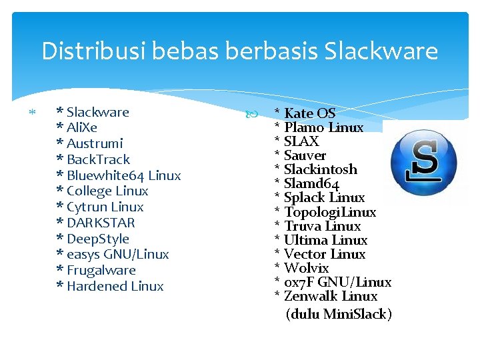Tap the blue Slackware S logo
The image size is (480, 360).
423,163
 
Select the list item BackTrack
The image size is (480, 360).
98,159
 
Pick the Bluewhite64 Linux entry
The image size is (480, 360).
123,175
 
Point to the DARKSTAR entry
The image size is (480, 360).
101,223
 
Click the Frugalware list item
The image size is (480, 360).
101,270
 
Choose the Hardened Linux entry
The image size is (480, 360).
115,286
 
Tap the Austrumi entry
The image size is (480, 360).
95,143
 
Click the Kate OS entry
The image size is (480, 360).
309,113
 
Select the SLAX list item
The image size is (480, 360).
301,141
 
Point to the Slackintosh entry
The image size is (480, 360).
320,169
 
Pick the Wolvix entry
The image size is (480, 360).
306,268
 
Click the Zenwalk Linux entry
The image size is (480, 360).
330,296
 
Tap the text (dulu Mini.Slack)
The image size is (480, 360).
338,314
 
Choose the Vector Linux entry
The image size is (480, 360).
324,254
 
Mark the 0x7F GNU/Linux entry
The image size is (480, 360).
337,282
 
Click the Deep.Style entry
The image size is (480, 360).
98,239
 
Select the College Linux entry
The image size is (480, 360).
107,191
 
